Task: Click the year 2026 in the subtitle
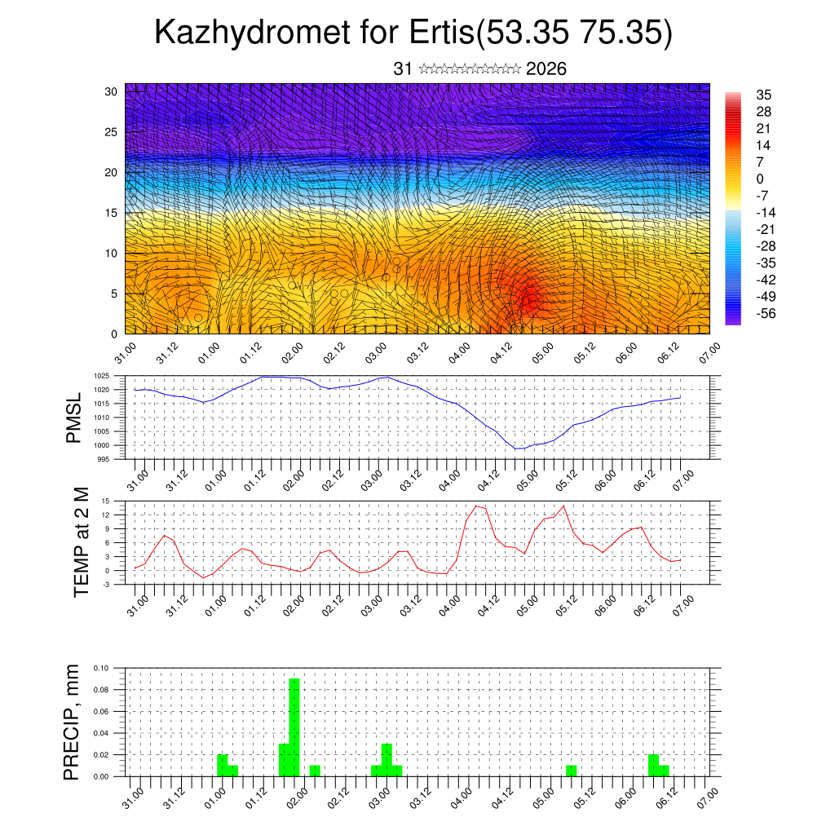point(546,69)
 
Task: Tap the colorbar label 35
point(764,95)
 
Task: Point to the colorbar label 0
point(761,179)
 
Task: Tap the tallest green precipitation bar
point(294,726)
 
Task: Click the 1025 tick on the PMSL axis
point(102,376)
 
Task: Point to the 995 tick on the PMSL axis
point(104,459)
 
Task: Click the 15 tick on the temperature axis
point(106,501)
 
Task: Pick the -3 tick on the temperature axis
point(106,585)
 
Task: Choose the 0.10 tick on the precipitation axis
point(101,668)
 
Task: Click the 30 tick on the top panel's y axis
point(111,91)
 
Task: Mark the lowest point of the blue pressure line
point(517,449)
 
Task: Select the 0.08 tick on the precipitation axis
point(101,690)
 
